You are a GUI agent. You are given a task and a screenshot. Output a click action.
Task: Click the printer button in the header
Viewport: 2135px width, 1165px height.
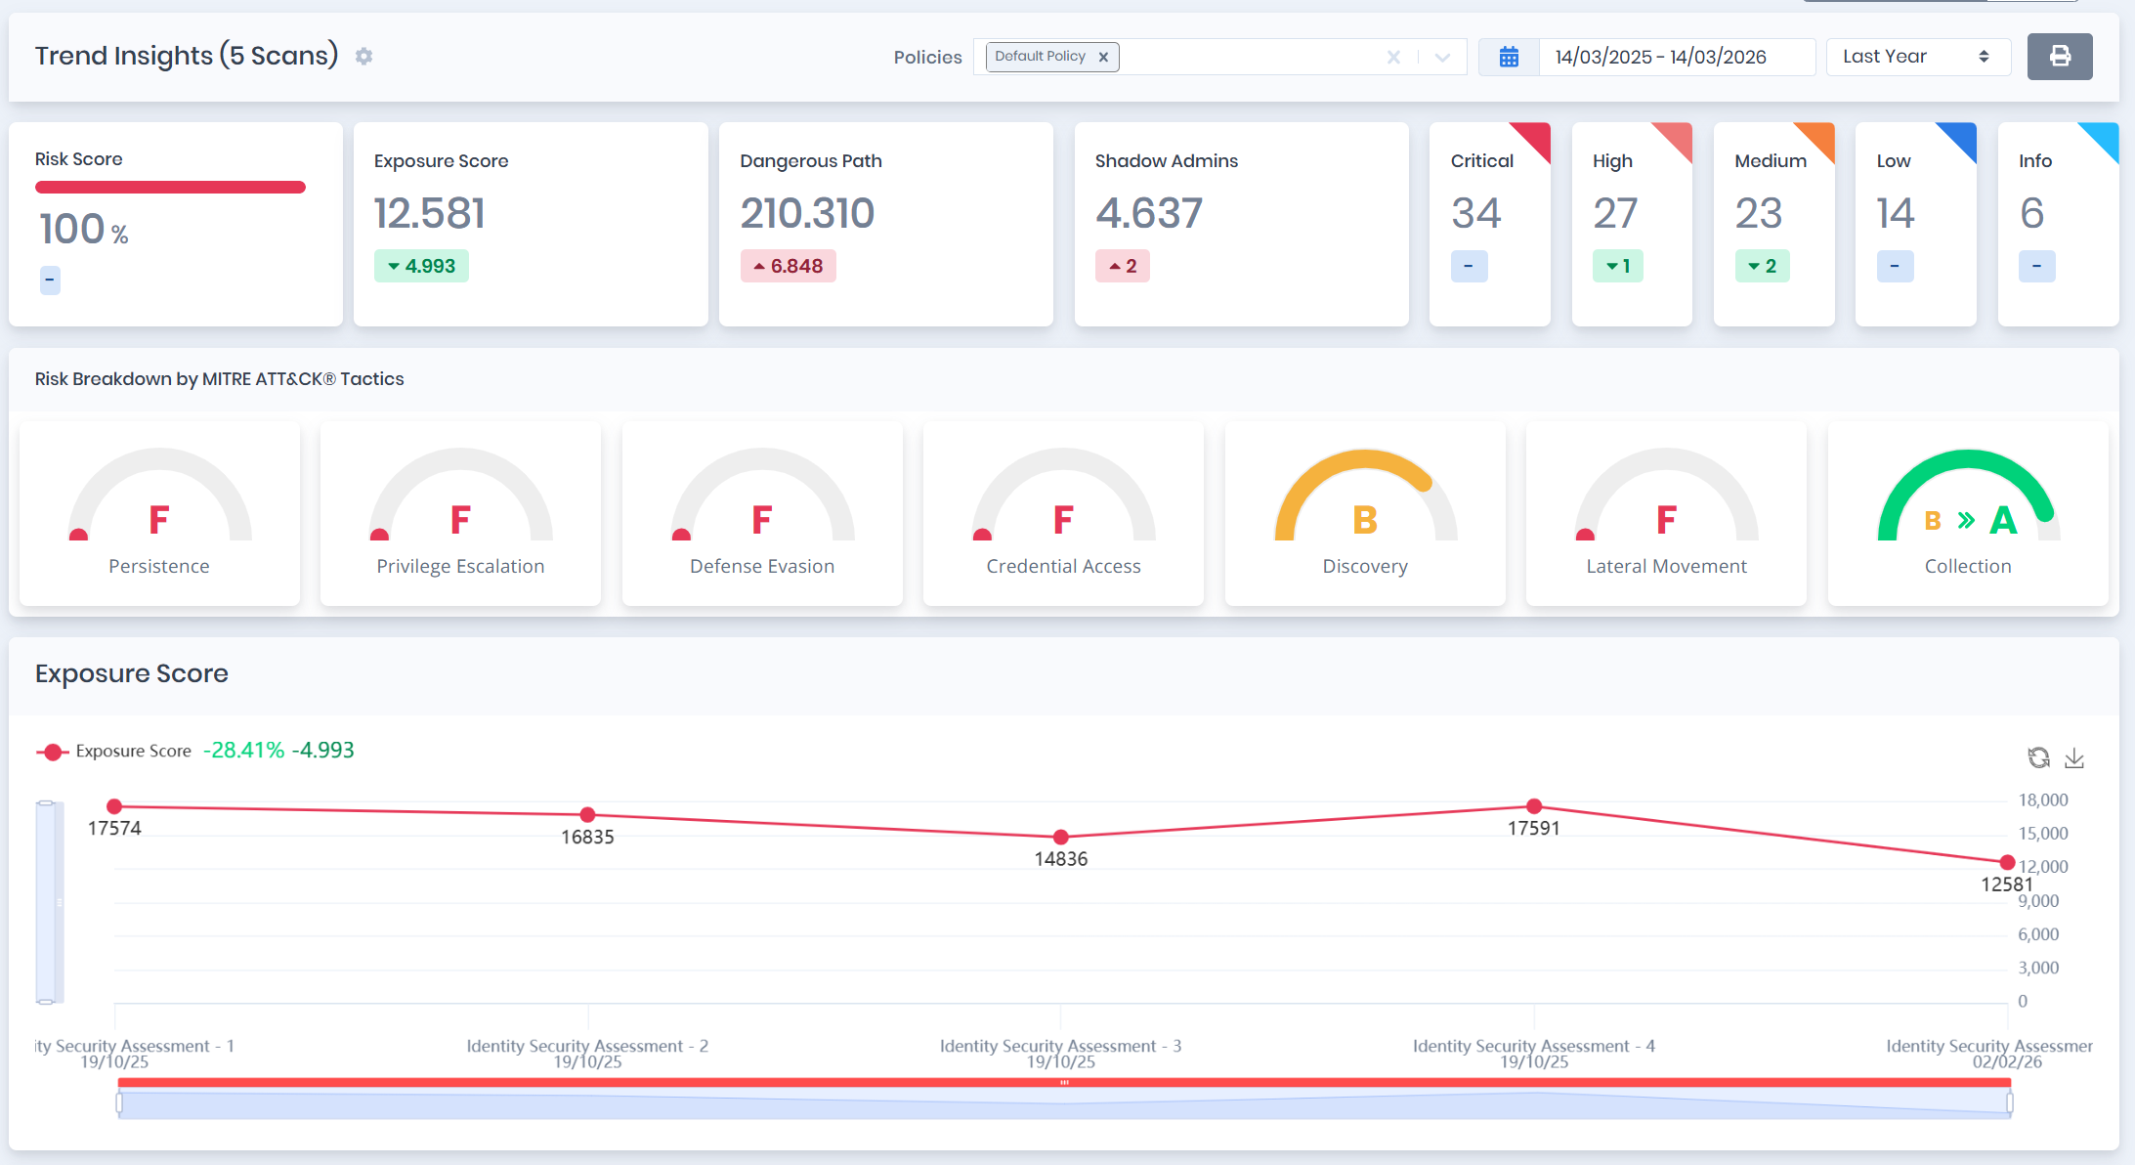click(x=2059, y=57)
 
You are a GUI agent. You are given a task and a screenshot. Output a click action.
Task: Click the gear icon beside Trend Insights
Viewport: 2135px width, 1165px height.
click(x=363, y=57)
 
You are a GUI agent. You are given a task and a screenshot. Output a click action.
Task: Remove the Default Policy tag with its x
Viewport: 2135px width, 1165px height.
click(x=1103, y=57)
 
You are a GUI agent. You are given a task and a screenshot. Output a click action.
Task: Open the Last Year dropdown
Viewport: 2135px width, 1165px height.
click(x=1917, y=57)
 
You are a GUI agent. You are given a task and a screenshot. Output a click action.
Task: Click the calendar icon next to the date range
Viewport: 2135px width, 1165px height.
click(x=1509, y=57)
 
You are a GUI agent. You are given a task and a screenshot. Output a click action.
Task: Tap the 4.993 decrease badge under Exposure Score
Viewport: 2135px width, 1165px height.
click(x=421, y=266)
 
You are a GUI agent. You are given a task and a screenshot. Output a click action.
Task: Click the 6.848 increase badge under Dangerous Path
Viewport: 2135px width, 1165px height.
click(x=788, y=266)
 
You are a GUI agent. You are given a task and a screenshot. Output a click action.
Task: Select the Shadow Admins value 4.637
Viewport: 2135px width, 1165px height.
click(x=1148, y=213)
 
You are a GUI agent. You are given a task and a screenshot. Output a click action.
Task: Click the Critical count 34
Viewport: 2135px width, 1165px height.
click(x=1475, y=213)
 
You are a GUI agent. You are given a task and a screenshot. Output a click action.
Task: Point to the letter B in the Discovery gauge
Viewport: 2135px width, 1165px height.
click(x=1364, y=520)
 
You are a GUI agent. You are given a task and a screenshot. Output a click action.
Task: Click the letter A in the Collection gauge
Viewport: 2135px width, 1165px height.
click(x=2003, y=520)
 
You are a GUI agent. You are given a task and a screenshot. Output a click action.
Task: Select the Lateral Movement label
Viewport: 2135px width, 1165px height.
click(x=1666, y=566)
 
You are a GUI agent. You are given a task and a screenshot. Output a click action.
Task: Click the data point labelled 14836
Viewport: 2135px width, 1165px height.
click(x=1061, y=838)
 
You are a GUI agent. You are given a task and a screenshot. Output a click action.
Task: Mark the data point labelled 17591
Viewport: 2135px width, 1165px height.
click(x=1534, y=806)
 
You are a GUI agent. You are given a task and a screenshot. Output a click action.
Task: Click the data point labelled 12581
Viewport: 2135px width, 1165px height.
click(x=2007, y=862)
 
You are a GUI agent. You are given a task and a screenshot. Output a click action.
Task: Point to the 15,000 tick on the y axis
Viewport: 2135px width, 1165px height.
click(x=2043, y=834)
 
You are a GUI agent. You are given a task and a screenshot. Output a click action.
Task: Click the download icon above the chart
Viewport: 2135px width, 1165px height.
click(x=2074, y=757)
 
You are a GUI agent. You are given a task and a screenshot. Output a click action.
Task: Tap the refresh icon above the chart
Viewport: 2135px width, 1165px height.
click(x=2038, y=757)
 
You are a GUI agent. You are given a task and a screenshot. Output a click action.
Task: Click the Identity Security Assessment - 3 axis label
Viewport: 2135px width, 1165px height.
click(x=1060, y=1046)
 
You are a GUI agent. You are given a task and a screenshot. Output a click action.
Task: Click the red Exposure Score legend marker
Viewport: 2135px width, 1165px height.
click(x=53, y=752)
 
